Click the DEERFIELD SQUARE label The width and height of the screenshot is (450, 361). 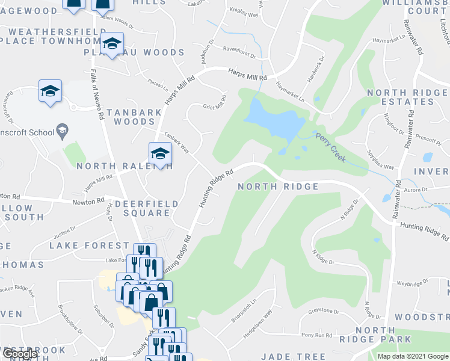[x=147, y=208]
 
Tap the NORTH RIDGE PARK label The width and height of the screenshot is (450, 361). [x=383, y=335]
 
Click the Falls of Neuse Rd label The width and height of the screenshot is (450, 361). [x=97, y=93]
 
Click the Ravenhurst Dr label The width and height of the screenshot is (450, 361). [x=239, y=52]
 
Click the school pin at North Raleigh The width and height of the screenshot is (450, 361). [x=159, y=153]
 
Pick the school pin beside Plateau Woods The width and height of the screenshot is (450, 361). [x=111, y=43]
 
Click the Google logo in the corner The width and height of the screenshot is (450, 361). [x=20, y=354]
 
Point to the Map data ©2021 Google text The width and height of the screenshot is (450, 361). [x=412, y=356]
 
